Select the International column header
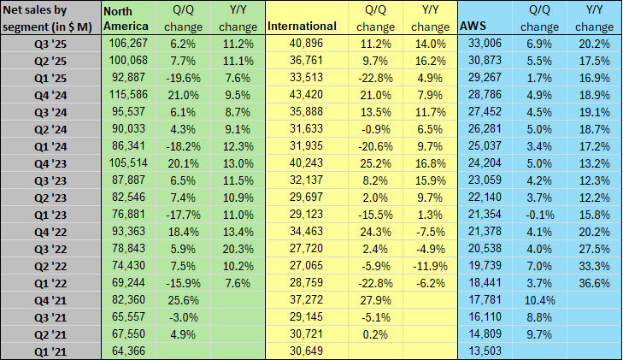(302, 27)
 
